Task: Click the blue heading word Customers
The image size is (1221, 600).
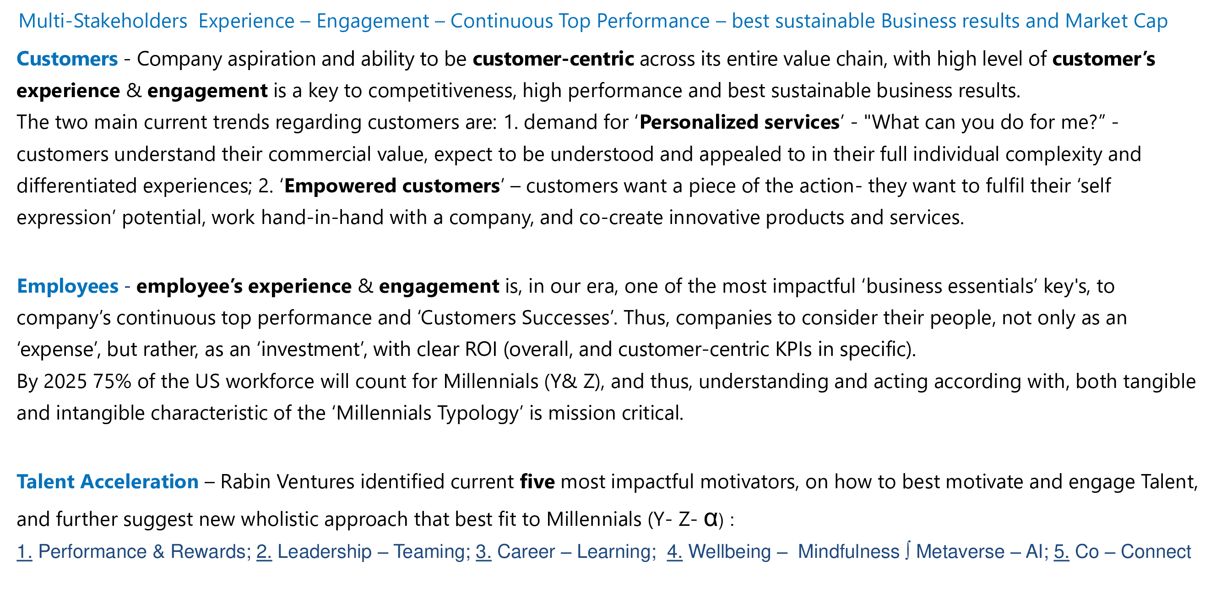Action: [67, 59]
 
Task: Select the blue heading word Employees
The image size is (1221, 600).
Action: [68, 286]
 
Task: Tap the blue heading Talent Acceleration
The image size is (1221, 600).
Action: [108, 481]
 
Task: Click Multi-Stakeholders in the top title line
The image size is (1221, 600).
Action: [103, 21]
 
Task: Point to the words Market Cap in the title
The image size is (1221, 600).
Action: [1116, 21]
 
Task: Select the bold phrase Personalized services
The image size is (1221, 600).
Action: [739, 122]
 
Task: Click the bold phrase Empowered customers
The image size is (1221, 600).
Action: [392, 185]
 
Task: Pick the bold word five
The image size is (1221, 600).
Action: [537, 481]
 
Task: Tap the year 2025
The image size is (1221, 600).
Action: [65, 382]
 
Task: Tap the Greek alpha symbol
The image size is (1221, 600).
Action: [711, 519]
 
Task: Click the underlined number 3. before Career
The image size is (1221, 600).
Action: [483, 551]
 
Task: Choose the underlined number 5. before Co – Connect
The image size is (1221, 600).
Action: [1061, 551]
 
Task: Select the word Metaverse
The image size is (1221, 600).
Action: [960, 551]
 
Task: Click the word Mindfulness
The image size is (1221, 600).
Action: [848, 551]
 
